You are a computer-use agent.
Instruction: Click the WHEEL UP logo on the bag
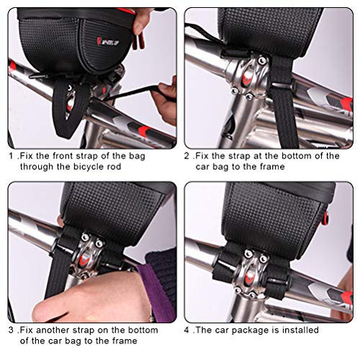108,41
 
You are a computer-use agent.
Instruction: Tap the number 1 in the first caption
11,156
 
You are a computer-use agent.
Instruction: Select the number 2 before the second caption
187,156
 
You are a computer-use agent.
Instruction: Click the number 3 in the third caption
11,330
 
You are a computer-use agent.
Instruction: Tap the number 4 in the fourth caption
187,330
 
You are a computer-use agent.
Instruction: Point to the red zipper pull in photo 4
325,218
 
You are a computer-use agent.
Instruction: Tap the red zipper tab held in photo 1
140,41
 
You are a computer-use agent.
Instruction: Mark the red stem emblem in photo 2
246,78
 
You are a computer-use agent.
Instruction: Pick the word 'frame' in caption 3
124,341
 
